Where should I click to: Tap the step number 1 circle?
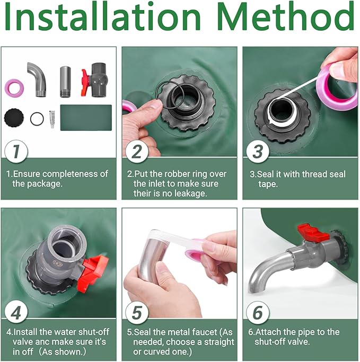click(16, 152)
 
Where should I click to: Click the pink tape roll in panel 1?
click(14, 87)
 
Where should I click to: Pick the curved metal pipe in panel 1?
click(37, 79)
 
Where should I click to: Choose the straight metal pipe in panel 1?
click(65, 82)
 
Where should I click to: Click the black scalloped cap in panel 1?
click(14, 118)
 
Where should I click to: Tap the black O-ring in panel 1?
click(37, 119)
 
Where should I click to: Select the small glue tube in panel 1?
click(52, 119)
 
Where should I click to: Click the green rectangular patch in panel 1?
click(86, 118)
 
